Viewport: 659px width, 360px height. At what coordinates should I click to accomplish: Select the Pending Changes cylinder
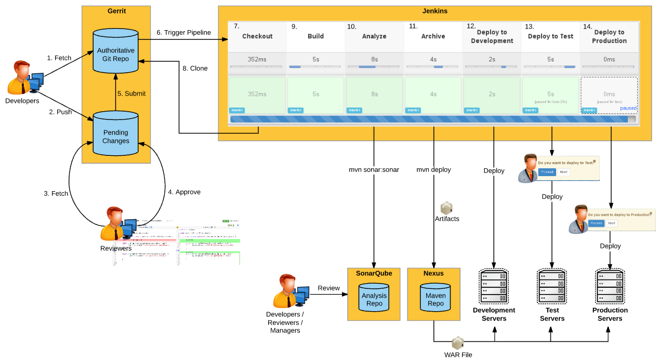pyautogui.click(x=115, y=136)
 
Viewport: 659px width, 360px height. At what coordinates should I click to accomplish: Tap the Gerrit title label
pyautogui.click(x=116, y=11)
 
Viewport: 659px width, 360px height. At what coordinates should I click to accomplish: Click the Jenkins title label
pyautogui.click(x=435, y=11)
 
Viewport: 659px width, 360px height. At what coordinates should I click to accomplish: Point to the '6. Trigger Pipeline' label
pyautogui.click(x=183, y=32)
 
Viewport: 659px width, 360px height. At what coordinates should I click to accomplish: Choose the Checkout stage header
pyautogui.click(x=257, y=36)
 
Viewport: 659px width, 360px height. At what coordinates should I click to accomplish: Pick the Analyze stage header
pyautogui.click(x=374, y=36)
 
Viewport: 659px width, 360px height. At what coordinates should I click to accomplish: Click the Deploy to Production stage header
pyautogui.click(x=610, y=36)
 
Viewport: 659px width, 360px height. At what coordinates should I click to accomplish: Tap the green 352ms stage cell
pyautogui.click(x=257, y=95)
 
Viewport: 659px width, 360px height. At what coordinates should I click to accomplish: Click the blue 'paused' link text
pyautogui.click(x=628, y=108)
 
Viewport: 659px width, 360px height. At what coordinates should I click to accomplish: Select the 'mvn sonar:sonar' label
pyautogui.click(x=374, y=170)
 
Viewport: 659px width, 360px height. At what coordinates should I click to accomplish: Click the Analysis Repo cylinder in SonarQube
pyautogui.click(x=374, y=299)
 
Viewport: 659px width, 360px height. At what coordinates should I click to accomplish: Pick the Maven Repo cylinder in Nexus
pyautogui.click(x=436, y=299)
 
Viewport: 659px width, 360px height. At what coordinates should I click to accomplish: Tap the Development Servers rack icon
pyautogui.click(x=494, y=286)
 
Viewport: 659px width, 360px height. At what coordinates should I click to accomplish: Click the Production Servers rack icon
pyautogui.click(x=610, y=286)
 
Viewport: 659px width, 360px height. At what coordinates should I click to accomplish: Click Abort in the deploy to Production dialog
pyautogui.click(x=612, y=223)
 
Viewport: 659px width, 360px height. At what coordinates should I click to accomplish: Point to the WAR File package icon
pyautogui.click(x=457, y=343)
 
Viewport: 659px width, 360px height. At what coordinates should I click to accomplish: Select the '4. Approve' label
pyautogui.click(x=184, y=192)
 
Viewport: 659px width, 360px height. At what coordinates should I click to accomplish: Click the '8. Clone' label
pyautogui.click(x=195, y=68)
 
